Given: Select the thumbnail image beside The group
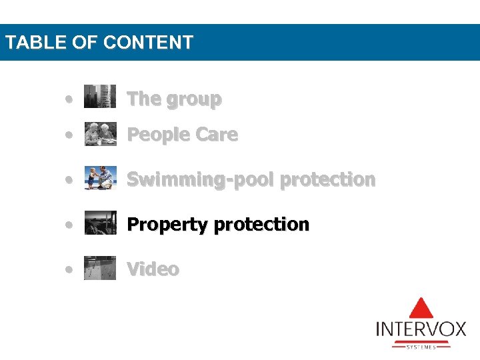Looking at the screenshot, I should click(x=100, y=97).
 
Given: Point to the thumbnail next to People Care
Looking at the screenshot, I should click(x=100, y=133).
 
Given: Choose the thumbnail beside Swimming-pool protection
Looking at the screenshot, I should click(x=100, y=178).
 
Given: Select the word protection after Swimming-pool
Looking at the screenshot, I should click(x=327, y=179).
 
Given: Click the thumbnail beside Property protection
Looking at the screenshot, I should click(x=100, y=223).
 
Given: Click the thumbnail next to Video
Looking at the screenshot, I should click(x=100, y=267).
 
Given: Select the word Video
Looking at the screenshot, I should click(x=153, y=269).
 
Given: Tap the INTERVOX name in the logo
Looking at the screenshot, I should click(x=421, y=330).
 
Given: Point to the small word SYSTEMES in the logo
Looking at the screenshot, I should click(x=421, y=347).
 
